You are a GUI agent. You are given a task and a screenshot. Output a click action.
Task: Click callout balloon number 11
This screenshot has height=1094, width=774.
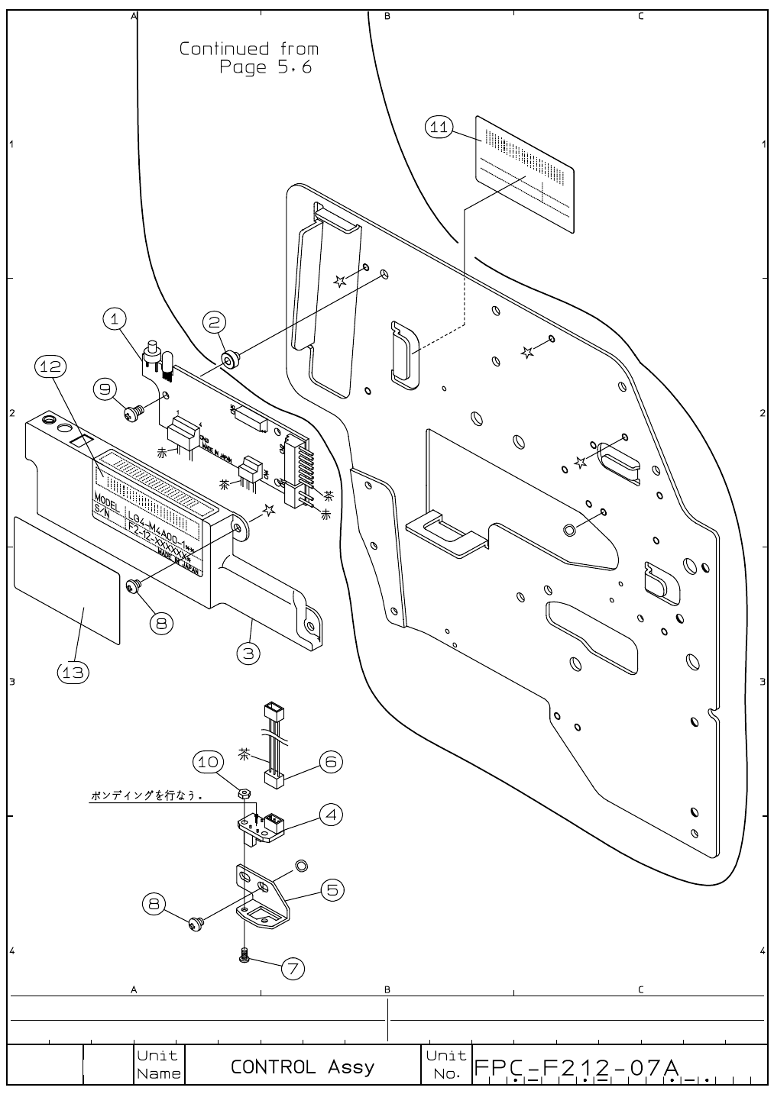coord(439,127)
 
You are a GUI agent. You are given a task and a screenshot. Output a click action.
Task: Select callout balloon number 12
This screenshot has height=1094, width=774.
coord(50,367)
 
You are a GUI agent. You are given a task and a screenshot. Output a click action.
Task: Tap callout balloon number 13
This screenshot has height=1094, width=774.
coord(73,672)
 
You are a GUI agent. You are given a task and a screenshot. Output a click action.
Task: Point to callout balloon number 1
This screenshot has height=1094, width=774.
coord(115,319)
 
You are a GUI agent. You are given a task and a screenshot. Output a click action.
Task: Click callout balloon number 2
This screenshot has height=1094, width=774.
coord(213,322)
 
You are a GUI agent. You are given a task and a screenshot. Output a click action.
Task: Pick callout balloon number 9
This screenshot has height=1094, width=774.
coord(105,389)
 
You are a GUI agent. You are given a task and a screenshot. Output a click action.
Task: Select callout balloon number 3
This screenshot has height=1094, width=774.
coord(248,653)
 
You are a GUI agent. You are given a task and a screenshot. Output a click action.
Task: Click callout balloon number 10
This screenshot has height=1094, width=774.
coord(209,761)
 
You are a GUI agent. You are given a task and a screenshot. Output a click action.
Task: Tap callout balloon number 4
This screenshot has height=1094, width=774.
coord(331,815)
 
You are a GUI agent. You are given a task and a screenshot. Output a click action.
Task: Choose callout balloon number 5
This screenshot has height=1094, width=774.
coord(332,889)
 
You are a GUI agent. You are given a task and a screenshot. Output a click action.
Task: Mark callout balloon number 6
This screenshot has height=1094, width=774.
coord(331,761)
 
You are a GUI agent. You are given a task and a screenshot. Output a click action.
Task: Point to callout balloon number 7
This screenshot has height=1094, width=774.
coord(293,968)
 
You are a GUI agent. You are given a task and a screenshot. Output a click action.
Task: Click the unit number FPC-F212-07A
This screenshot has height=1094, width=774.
coord(577,1067)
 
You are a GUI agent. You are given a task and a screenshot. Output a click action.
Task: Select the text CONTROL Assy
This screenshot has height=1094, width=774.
coord(303,1067)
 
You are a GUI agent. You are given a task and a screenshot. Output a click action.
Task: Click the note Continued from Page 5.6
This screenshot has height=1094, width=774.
coord(250,58)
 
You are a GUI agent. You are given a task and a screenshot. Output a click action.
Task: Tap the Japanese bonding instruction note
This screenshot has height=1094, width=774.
coord(146,795)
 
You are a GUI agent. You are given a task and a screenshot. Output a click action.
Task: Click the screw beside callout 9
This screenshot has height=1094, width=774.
coord(134,412)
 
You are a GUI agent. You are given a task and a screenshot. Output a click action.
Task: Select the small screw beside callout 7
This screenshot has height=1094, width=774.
coord(244,956)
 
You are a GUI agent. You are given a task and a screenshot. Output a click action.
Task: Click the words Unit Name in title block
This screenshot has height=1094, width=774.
coord(159,1065)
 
